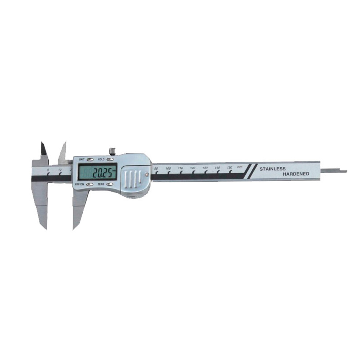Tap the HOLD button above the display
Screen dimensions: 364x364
click(110, 159)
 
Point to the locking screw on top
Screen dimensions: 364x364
click(112, 151)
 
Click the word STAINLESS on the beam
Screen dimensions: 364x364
click(272, 169)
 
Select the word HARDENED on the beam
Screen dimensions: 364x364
click(296, 174)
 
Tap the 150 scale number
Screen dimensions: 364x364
click(230, 167)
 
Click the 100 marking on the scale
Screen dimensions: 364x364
click(168, 168)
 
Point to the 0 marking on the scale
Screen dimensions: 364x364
click(48, 170)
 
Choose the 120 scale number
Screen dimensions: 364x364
click(193, 168)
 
